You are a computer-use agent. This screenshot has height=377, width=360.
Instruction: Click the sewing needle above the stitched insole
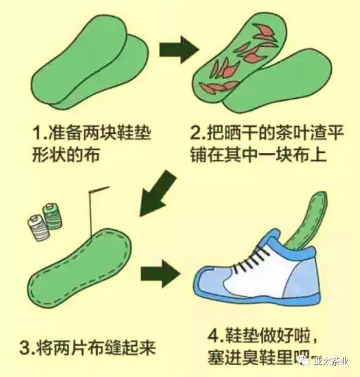click(95, 208)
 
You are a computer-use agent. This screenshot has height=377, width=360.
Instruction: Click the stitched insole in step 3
click(77, 260)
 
